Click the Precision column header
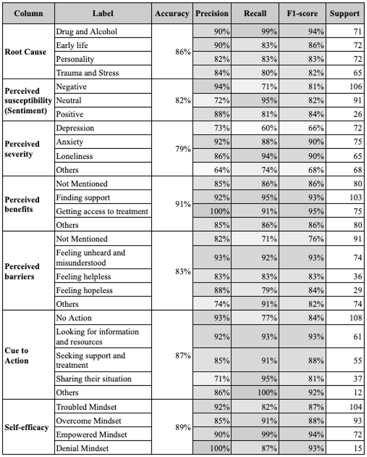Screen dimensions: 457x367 pos(212,13)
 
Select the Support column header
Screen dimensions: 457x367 pos(345,13)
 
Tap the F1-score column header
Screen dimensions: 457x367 pos(302,13)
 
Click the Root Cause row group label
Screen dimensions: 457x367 pos(25,52)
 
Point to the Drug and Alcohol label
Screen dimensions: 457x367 pos(87,32)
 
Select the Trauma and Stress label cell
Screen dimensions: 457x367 pos(88,73)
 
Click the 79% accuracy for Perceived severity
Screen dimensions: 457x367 pos(183,149)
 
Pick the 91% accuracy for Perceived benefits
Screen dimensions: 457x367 pos(183,204)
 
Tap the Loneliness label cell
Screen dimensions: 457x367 pos(74,156)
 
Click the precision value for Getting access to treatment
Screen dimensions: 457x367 pos(220,211)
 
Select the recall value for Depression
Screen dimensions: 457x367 pos(269,128)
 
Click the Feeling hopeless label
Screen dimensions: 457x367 pos(84,290)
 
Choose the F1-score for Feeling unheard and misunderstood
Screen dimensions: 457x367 pos(316,257)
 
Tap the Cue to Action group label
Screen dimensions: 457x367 pos(17,355)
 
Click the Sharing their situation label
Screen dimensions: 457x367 pos(94,379)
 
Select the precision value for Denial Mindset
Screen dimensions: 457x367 pos(220,448)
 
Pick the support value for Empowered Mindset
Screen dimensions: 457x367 pos(358,435)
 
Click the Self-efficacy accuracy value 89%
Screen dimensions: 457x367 pos(183,427)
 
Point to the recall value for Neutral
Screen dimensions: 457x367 pos(269,101)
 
